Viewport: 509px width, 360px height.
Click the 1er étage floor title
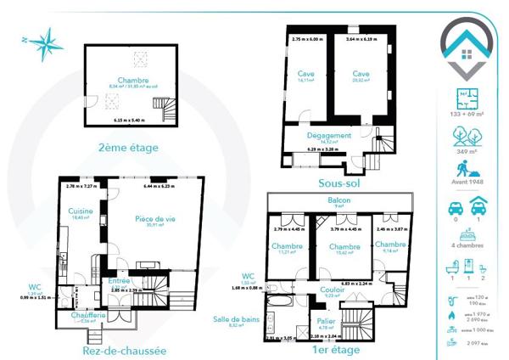coord(335,349)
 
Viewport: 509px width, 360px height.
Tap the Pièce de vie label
coord(155,219)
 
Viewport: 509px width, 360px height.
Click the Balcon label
coord(338,200)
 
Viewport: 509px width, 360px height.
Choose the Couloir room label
coord(333,290)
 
